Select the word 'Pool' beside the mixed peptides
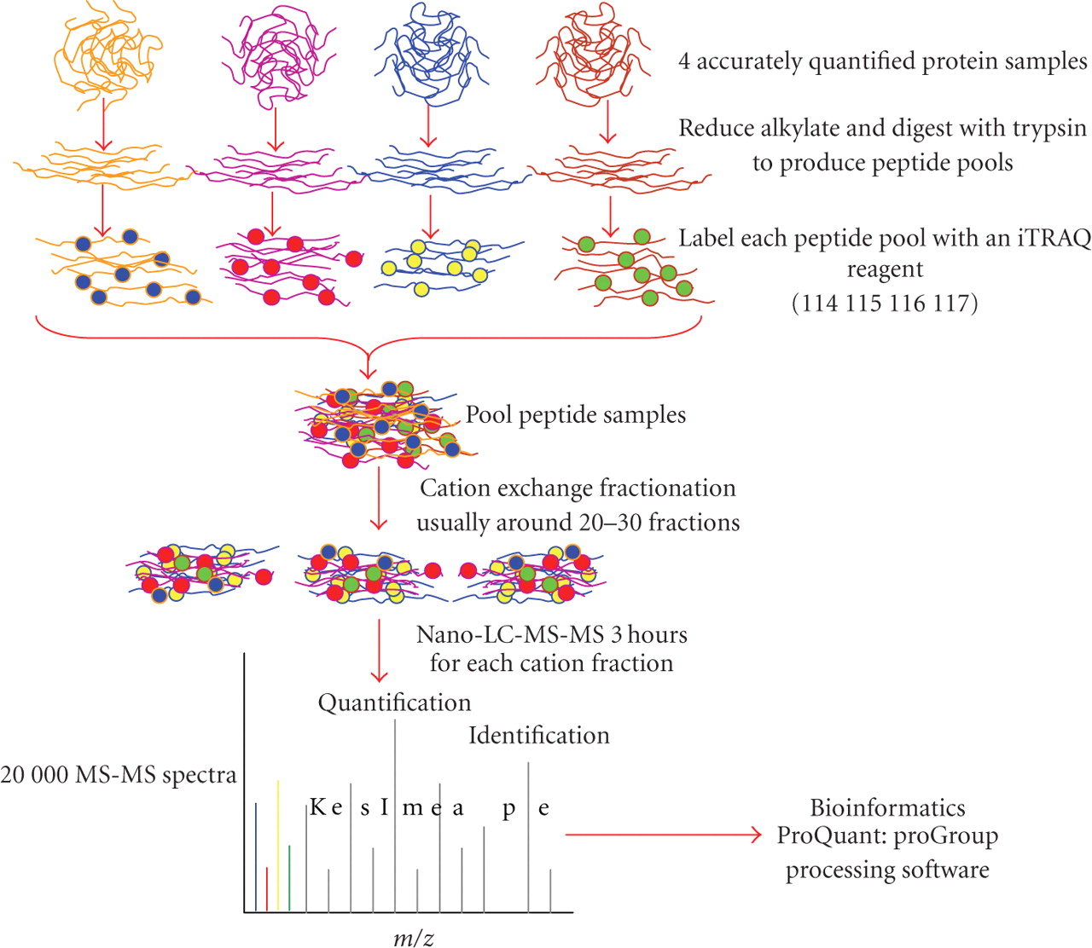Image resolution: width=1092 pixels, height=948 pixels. click(488, 415)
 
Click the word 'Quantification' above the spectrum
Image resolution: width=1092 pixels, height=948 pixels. click(394, 702)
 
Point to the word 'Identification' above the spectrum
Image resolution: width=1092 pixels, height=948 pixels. click(538, 735)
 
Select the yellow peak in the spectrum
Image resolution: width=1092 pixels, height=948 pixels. click(278, 844)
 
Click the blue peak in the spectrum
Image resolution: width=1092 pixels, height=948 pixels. click(256, 857)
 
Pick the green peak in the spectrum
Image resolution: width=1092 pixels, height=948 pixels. click(289, 878)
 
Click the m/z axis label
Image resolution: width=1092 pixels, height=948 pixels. click(414, 939)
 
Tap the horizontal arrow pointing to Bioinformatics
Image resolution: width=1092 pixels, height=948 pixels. click(663, 835)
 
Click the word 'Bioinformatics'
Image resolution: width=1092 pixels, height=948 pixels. click(887, 807)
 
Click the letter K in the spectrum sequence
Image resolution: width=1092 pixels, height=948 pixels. click(317, 806)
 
